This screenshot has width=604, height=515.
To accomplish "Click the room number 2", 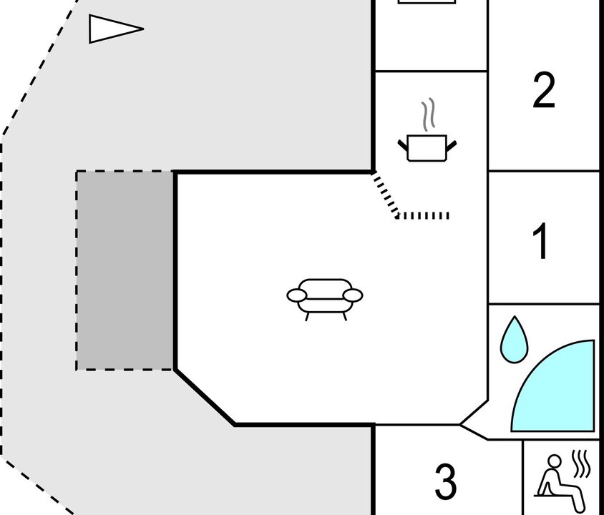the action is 544,91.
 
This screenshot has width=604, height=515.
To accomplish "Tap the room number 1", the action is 541,241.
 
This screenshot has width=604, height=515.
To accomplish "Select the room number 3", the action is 446,481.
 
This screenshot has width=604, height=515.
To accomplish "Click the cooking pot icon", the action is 427,148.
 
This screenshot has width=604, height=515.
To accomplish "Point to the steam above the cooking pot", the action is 428,114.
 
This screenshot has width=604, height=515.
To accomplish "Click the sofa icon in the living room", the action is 325,300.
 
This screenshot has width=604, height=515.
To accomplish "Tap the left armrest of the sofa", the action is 296,295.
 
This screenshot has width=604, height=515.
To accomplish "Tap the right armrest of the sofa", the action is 353,295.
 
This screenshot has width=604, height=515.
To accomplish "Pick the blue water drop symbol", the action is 514,340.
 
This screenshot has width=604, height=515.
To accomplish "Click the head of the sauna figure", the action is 555,461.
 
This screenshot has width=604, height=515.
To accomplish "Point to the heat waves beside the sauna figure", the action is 581,463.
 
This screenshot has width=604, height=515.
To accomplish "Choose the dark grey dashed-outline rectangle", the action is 124,270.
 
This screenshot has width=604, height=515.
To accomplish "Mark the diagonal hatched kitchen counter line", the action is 384,195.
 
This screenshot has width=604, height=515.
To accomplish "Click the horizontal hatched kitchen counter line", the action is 422,215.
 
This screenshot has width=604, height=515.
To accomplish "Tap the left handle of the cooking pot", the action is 403,145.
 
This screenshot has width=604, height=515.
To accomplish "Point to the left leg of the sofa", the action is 307,317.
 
